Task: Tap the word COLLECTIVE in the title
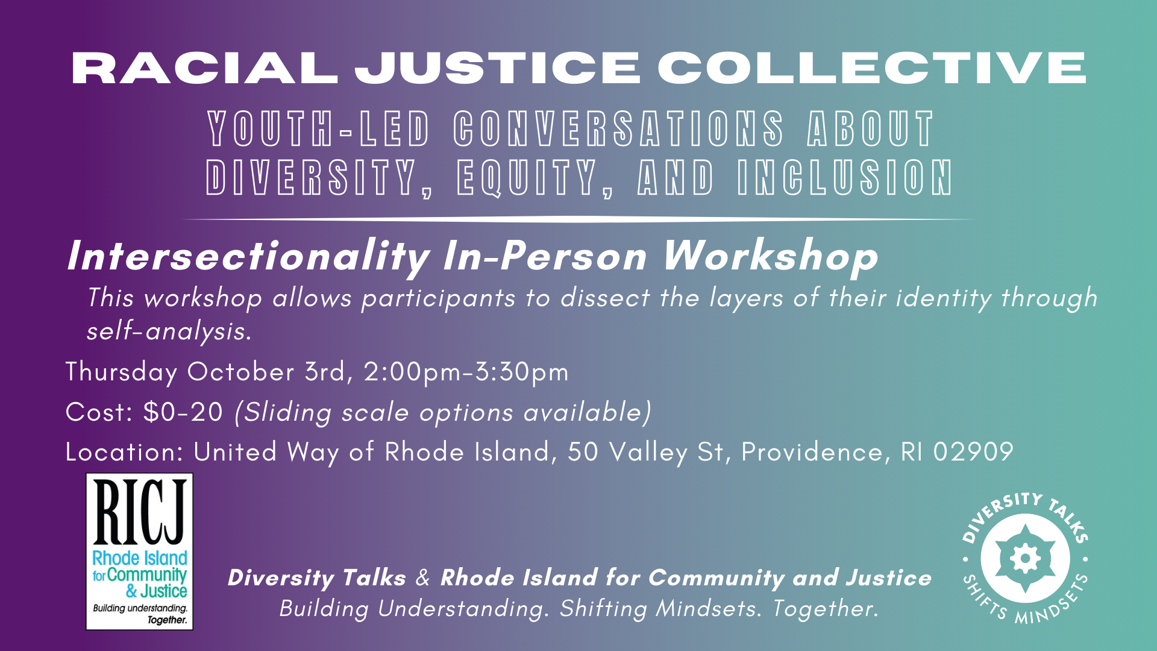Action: coord(872,68)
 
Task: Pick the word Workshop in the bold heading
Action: coord(771,256)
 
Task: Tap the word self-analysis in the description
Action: coord(169,331)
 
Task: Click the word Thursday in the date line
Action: coord(121,372)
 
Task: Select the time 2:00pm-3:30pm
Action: coord(466,372)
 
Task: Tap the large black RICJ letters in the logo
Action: coord(139,512)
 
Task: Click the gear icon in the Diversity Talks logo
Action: coord(1024,558)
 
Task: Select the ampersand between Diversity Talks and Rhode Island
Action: coord(423,577)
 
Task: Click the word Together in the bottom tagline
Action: coord(825,608)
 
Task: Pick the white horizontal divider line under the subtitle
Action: coord(578,219)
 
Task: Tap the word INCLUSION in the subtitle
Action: coord(845,178)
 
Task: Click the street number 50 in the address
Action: coord(583,452)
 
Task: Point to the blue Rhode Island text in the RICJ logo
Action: coord(140,558)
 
